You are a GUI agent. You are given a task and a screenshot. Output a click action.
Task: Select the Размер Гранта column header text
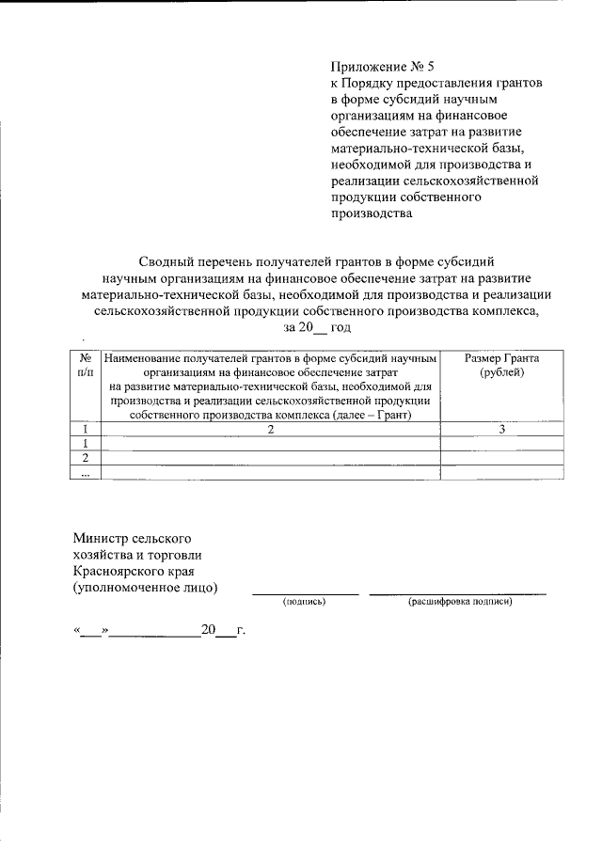(502, 359)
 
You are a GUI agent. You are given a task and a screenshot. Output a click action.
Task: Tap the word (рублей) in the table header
(502, 373)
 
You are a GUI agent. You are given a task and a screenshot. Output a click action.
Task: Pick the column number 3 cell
(502, 430)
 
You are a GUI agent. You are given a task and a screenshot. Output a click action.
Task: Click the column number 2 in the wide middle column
(270, 430)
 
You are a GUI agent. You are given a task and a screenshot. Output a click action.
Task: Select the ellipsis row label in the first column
(86, 473)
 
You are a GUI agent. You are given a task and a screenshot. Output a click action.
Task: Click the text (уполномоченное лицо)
(145, 588)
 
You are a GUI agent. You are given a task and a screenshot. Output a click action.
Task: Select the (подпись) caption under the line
(304, 602)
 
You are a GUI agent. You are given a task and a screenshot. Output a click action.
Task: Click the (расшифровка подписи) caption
(459, 602)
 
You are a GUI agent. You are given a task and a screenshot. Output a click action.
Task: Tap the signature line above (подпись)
(304, 593)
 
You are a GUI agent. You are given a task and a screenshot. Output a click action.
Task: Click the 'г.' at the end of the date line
(241, 631)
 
